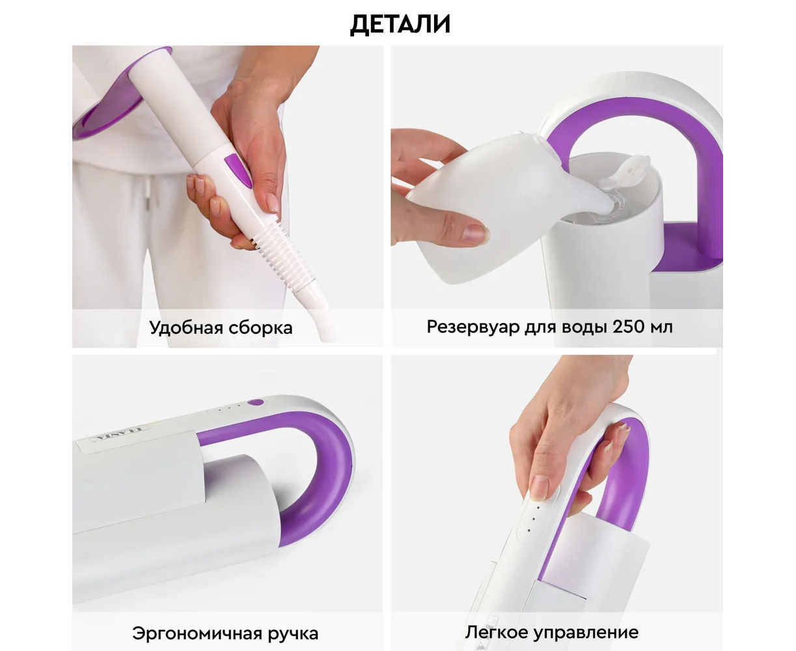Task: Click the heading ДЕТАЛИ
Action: tap(400, 25)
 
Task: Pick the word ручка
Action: tap(294, 634)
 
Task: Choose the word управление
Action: tap(586, 633)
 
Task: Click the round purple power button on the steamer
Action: tap(256, 402)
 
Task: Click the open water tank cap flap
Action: tap(625, 173)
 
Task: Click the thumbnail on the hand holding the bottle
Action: tap(475, 232)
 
